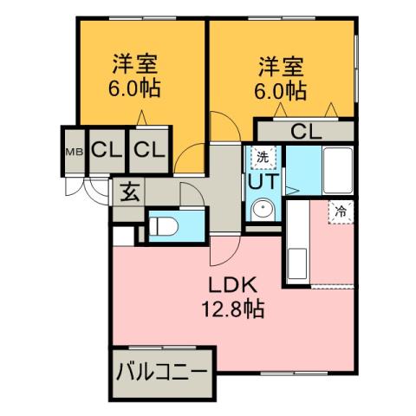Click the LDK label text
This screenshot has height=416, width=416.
(x=232, y=286)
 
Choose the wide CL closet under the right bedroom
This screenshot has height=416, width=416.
(x=304, y=132)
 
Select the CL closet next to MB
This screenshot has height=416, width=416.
(x=106, y=150)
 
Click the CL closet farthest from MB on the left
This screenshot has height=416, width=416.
(x=148, y=150)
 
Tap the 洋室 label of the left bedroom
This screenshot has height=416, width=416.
(x=135, y=65)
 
